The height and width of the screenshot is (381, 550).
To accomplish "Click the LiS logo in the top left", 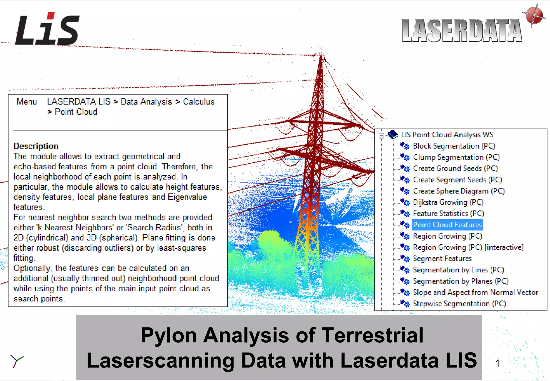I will pos(47,29).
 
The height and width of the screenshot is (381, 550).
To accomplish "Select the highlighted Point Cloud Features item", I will pos(447,225).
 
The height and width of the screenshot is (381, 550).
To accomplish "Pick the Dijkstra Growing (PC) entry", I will pos(448,202).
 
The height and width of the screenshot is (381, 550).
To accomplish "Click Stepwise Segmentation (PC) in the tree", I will pos(459,304).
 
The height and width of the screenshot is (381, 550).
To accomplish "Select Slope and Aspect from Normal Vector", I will pos(475,292).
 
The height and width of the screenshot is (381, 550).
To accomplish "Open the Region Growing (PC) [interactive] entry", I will pos(468,247).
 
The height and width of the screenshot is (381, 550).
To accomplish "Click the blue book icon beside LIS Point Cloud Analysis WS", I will pos(393,134).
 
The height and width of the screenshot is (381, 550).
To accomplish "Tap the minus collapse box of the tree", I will pos(381,135).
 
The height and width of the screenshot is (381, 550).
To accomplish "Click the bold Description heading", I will pos(36,146).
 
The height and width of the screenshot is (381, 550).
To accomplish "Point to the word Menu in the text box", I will pos(27,102).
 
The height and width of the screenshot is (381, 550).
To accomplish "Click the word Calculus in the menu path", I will pos(198,102).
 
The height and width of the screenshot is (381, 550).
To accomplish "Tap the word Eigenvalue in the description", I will pos(187,197).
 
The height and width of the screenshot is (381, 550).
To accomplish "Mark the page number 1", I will pos(497,363).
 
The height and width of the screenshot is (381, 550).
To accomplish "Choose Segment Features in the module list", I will pos(442,259).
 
